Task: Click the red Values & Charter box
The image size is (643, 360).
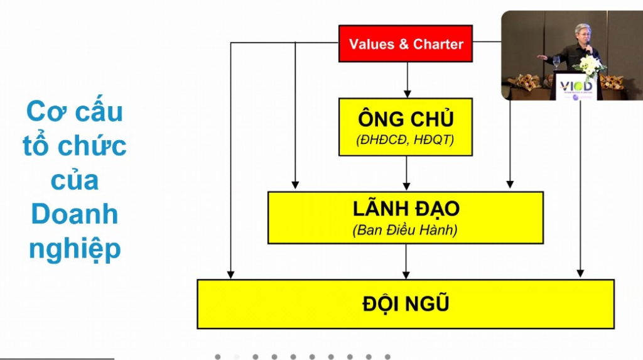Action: [406, 43]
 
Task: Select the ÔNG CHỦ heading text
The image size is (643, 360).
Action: [406, 118]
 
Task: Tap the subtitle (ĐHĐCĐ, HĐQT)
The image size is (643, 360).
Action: [406, 141]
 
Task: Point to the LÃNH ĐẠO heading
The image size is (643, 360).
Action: [406, 208]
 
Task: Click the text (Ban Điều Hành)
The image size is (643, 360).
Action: [406, 230]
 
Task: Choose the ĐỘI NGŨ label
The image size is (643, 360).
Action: [406, 304]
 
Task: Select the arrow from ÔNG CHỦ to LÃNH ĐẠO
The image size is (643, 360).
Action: [406, 173]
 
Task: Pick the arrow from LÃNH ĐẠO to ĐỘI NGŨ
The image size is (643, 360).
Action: [406, 261]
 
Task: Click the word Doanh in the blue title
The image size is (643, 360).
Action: [75, 215]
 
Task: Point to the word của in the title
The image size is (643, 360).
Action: [75, 180]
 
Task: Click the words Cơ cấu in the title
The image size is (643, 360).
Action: [75, 112]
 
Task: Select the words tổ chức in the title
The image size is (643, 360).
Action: [75, 146]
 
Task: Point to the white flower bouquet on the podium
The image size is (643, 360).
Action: [589, 64]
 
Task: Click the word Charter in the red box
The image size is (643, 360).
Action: [438, 44]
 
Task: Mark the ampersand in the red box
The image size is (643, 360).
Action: [405, 44]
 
